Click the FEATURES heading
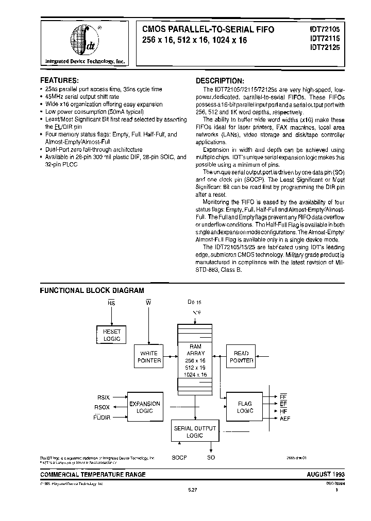[x=60, y=81]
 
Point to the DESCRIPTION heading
[x=220, y=81]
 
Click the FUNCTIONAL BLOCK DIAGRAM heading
[x=92, y=290]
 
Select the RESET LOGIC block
[x=112, y=335]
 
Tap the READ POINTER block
[x=241, y=357]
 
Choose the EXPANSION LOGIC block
[x=145, y=407]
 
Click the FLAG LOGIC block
[x=245, y=407]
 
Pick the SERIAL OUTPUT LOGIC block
[x=194, y=431]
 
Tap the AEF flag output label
[x=285, y=419]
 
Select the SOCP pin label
[x=179, y=457]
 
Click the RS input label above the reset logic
[x=111, y=303]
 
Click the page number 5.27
[x=191, y=491]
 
